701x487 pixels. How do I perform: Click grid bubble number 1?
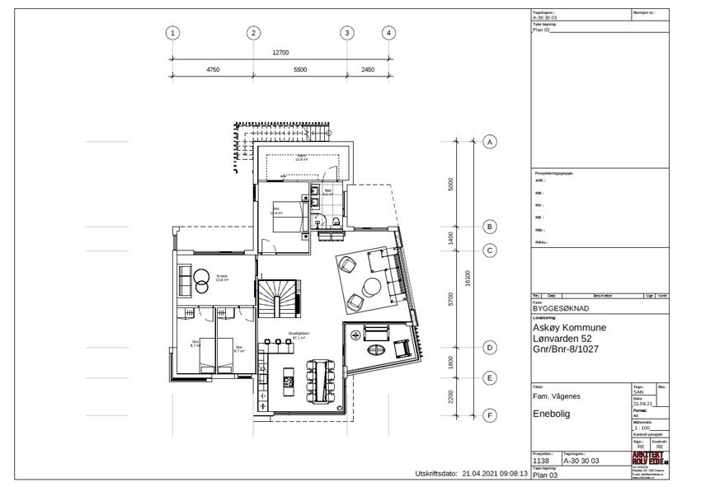coord(172,33)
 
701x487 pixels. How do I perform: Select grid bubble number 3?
coord(347,33)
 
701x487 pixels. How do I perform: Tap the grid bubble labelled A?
coord(489,142)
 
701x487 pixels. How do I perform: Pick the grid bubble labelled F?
coord(489,416)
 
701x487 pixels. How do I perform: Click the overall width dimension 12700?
coord(280,53)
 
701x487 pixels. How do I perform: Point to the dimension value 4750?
coord(212,70)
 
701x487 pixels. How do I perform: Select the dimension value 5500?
coord(299,70)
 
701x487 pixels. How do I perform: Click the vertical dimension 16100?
coord(468,279)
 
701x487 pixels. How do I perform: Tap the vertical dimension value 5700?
coord(450,298)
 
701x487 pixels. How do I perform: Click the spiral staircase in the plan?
coord(275,297)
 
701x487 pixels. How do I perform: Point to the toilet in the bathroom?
coord(325,220)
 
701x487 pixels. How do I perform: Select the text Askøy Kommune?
coord(570,328)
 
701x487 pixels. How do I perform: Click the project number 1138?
coord(543,461)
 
